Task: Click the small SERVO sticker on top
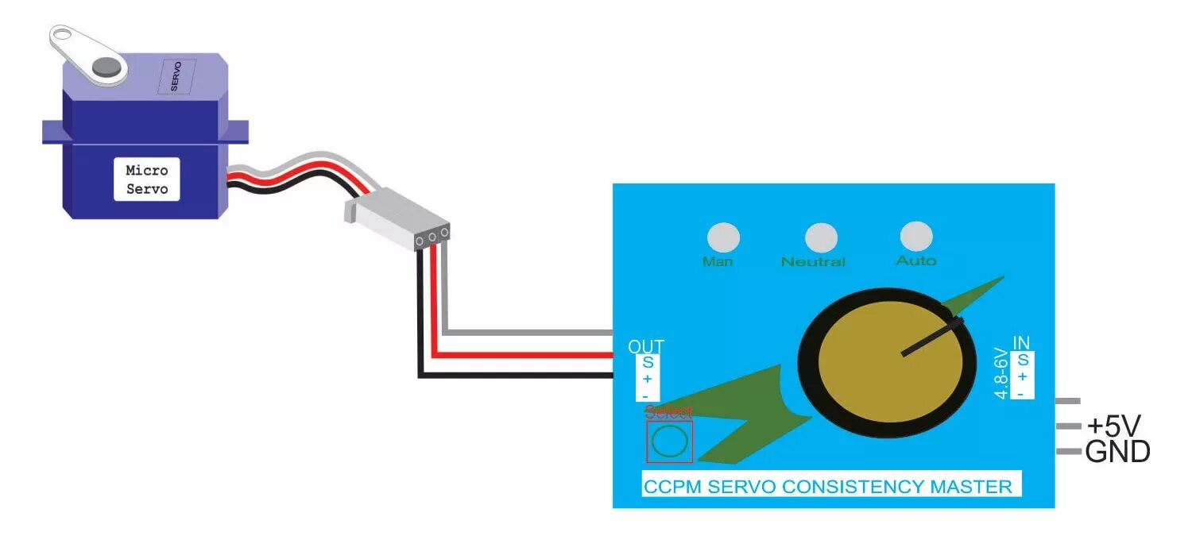tap(175, 76)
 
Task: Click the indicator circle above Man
tap(723, 237)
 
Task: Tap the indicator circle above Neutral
tap(821, 237)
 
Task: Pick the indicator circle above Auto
tap(915, 235)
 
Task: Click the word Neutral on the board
tap(813, 261)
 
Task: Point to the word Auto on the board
tap(916, 260)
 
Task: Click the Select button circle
tap(669, 442)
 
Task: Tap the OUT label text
tap(645, 347)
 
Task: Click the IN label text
tap(1021, 343)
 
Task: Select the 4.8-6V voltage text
tap(1002, 372)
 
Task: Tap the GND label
tap(1117, 453)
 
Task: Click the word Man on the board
tap(718, 261)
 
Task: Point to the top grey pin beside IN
tap(1066, 402)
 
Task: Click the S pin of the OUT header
tap(648, 363)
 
